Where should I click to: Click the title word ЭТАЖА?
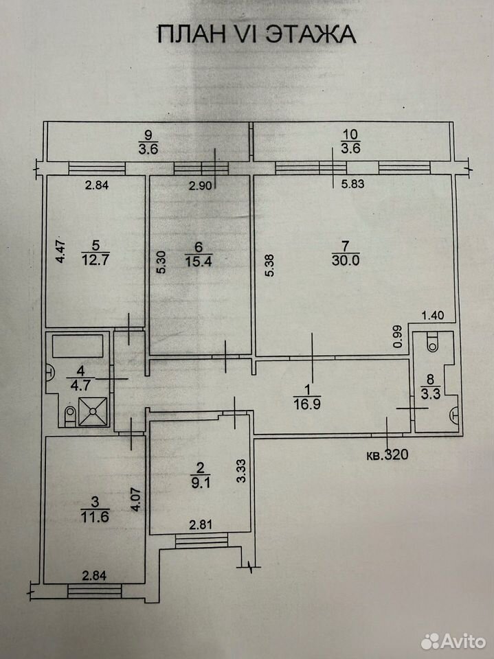(311, 34)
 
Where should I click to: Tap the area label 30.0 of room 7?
(346, 261)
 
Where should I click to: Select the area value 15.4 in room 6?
(198, 261)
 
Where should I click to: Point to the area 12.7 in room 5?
(95, 259)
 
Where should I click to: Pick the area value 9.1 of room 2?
(201, 483)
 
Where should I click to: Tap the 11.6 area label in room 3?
(95, 516)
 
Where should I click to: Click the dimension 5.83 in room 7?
(352, 184)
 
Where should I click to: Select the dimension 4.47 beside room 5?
(61, 251)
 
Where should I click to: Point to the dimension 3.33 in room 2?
(240, 471)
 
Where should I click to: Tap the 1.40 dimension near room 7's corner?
(433, 315)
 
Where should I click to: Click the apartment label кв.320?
(387, 454)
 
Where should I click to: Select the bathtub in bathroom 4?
(78, 346)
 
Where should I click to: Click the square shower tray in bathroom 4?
(93, 411)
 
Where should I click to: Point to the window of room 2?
(201, 540)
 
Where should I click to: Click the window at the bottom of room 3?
(95, 590)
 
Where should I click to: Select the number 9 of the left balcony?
(148, 135)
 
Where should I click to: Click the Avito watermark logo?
(453, 641)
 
